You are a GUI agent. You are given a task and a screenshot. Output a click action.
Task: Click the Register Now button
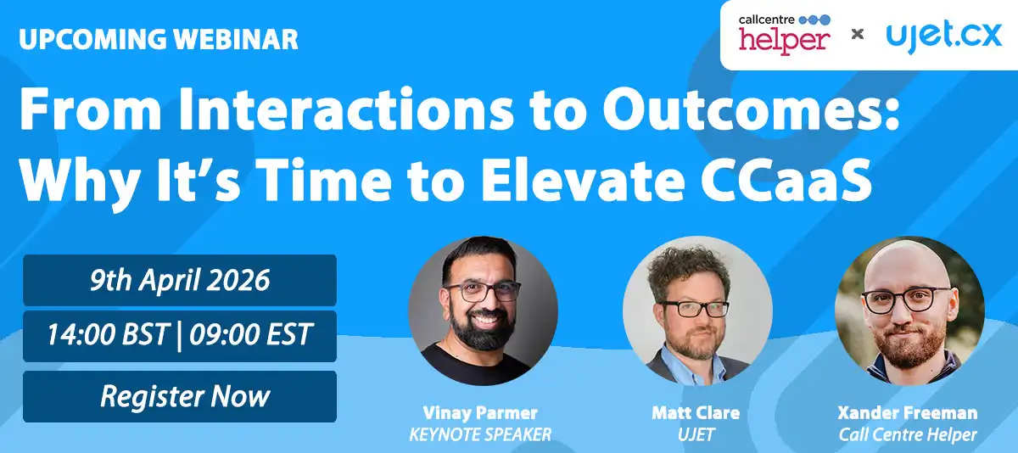click(x=180, y=396)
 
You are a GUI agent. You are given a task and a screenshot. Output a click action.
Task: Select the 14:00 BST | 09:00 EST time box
click(x=180, y=336)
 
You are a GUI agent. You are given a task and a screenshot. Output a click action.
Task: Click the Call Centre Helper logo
click(x=784, y=35)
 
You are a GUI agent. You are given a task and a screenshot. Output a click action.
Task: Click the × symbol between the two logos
click(x=858, y=35)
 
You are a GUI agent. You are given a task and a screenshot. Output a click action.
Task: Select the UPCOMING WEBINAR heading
click(x=158, y=39)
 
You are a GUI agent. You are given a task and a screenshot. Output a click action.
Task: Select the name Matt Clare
click(x=696, y=414)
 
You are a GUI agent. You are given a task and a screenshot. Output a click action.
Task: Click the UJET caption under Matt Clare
click(x=696, y=435)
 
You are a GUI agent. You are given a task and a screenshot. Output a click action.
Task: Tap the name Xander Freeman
click(x=908, y=414)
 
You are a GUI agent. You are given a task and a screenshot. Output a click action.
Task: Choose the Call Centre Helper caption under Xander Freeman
click(x=908, y=435)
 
